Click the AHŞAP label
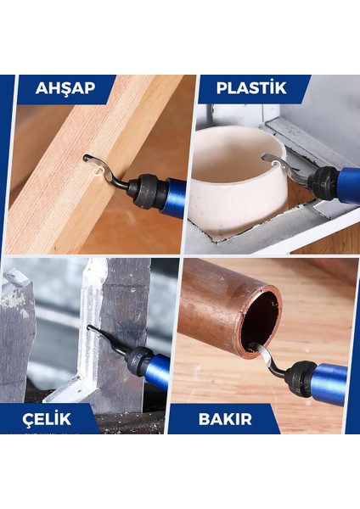[x=65, y=88]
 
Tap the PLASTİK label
[x=250, y=88]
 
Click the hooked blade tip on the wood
[x=88, y=158]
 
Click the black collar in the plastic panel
[x=324, y=179]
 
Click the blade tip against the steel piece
[x=93, y=331]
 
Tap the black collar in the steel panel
[x=138, y=361]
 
